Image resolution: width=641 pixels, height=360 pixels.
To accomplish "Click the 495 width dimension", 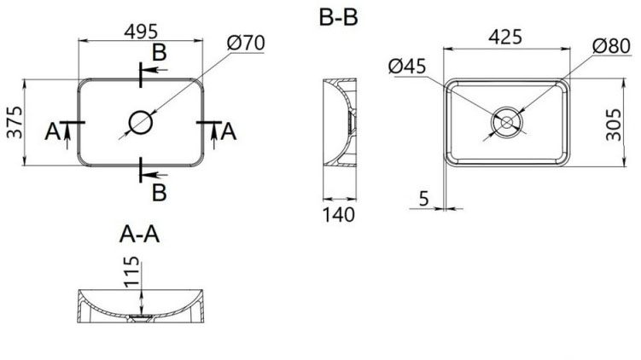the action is pyautogui.click(x=142, y=31).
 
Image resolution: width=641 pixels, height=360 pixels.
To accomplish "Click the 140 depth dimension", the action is pyautogui.click(x=339, y=213).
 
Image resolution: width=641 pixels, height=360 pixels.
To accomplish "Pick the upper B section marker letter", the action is pyautogui.click(x=158, y=53).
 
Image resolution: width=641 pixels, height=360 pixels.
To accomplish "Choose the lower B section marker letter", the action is pyautogui.click(x=158, y=193).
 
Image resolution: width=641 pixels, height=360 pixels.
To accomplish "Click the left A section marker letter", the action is pyautogui.click(x=53, y=131).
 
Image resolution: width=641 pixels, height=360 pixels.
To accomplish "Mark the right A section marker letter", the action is pyautogui.click(x=227, y=131).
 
